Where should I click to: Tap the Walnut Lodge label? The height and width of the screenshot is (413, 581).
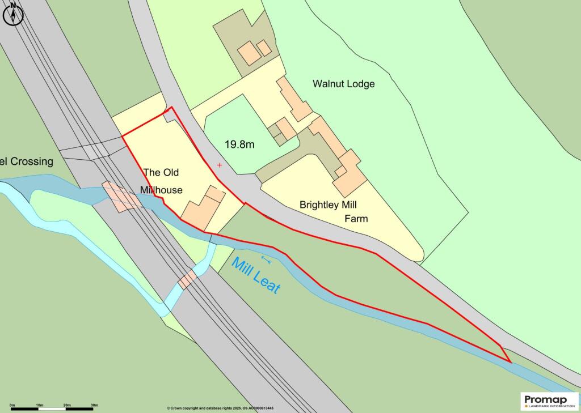tap(344, 84)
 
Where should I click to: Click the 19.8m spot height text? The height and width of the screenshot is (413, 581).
tap(239, 144)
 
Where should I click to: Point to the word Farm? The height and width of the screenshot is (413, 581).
tap(356, 219)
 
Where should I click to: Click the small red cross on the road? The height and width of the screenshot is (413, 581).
tap(220, 165)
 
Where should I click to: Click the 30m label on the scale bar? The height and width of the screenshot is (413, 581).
tap(94, 405)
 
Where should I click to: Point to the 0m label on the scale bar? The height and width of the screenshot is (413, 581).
tap(12, 405)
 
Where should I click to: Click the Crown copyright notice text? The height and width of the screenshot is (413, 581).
tap(220, 408)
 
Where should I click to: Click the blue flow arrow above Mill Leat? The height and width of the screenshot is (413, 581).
tap(267, 259)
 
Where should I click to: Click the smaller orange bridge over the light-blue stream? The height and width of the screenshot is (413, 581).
tap(187, 279)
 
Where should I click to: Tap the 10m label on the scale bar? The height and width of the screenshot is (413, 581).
tap(40, 405)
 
